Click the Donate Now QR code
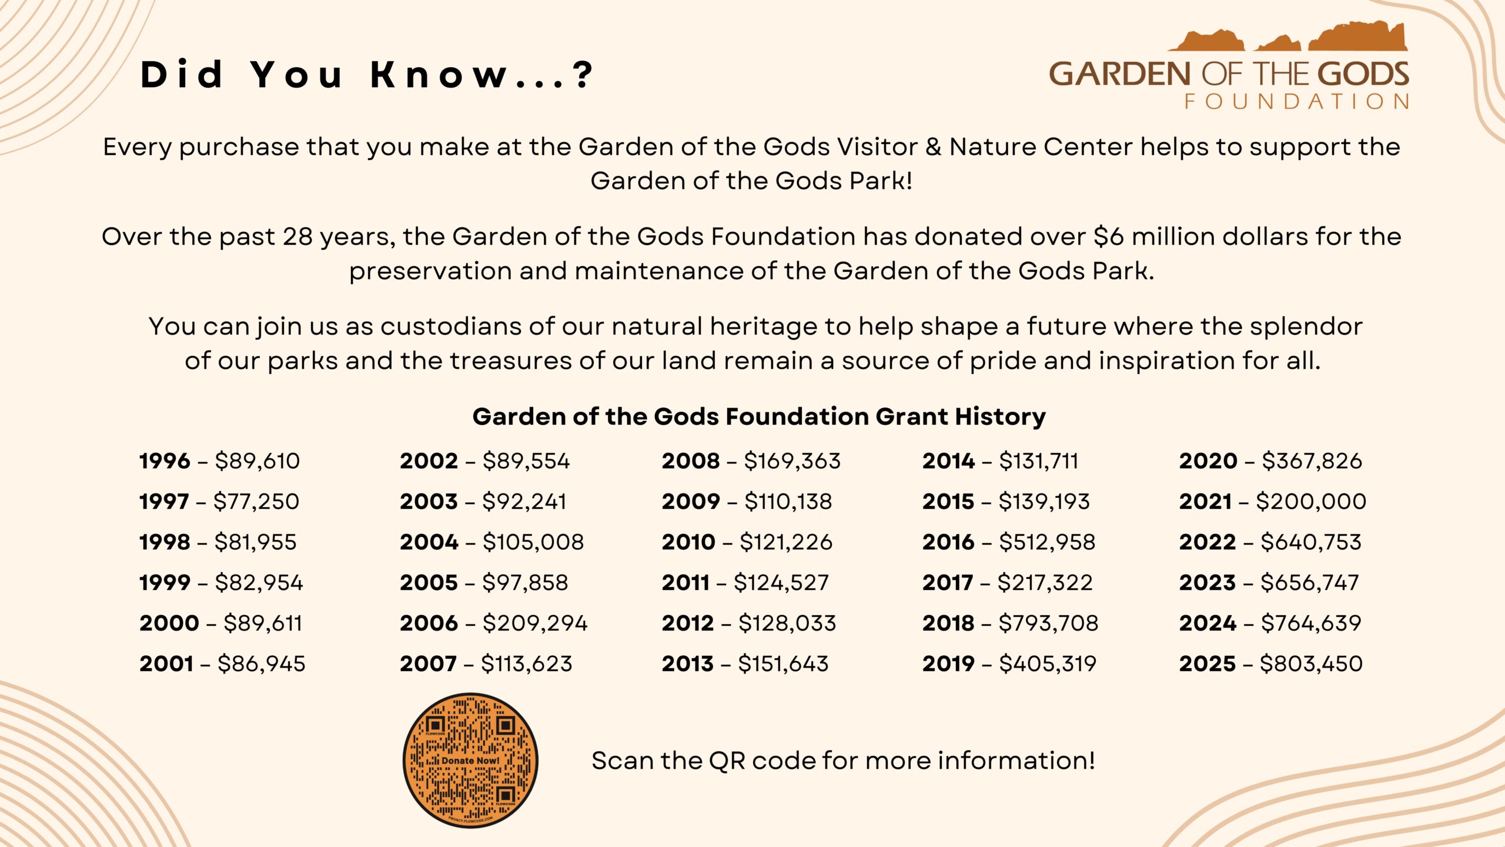[470, 760]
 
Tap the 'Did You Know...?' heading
[367, 75]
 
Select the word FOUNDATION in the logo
[1296, 102]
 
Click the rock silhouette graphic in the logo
[1287, 36]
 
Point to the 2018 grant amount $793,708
[1048, 623]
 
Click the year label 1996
[165, 461]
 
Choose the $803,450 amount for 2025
[1311, 663]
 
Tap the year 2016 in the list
[948, 542]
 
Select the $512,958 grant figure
[1047, 542]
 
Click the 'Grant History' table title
[759, 416]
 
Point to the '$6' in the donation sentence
[1109, 236]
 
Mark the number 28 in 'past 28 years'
[297, 236]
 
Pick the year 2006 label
[429, 623]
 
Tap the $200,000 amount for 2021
[1311, 501]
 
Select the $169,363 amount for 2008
[792, 461]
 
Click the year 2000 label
[169, 623]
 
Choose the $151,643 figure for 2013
[783, 663]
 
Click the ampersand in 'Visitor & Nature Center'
[934, 147]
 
